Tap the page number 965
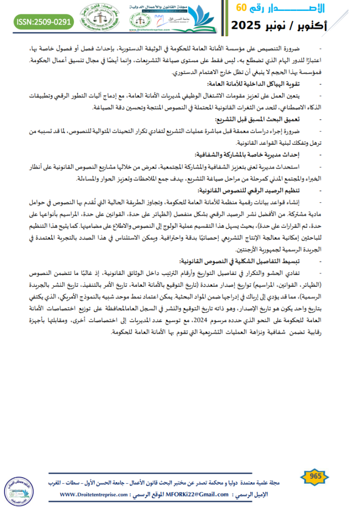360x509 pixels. (315, 476)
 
